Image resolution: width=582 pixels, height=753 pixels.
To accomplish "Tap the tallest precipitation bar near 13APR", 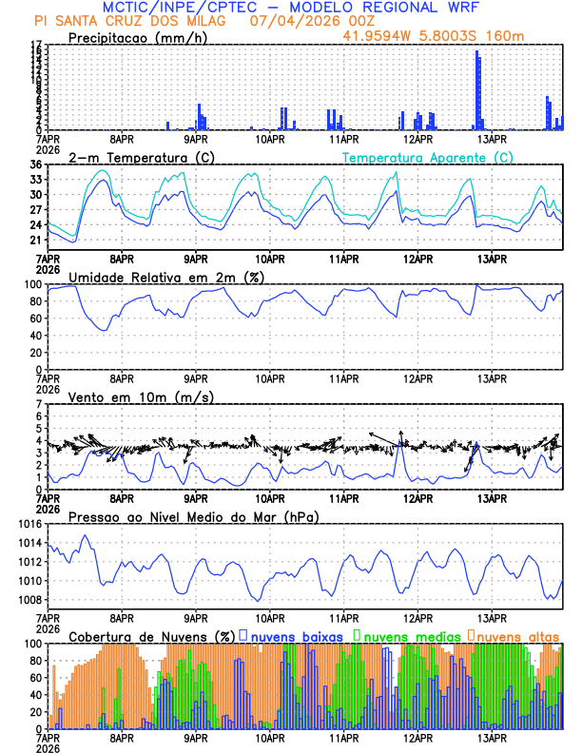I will [x=477, y=90].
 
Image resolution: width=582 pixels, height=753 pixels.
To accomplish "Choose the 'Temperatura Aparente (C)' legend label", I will [x=427, y=157].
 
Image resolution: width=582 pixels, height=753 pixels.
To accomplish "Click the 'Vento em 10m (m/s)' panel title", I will [x=141, y=396].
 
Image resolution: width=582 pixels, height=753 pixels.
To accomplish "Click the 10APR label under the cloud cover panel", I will [x=269, y=736].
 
